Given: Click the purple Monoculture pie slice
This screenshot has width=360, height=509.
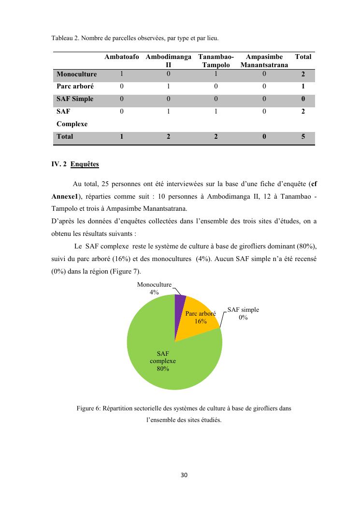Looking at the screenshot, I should coord(179,302).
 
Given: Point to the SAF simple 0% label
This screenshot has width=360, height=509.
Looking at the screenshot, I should coord(243,313).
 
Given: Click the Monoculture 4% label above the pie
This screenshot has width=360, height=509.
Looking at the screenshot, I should coord(154,289).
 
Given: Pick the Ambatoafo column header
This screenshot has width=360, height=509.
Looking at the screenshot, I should coord(122,57).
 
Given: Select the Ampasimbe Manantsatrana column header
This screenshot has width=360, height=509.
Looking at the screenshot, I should coord(264,60).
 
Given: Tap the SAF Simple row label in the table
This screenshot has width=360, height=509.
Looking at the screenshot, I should coord(75,99).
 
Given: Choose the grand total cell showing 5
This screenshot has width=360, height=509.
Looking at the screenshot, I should coord(303,137).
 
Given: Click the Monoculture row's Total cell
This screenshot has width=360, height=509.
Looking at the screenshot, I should coord(303,74).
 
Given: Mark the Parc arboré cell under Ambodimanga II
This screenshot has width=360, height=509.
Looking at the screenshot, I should coord(168,87).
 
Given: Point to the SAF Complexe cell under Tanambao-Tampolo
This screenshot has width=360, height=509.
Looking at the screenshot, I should coord(216,112).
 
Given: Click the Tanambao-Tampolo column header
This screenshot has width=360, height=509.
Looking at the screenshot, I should coord(216,60).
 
